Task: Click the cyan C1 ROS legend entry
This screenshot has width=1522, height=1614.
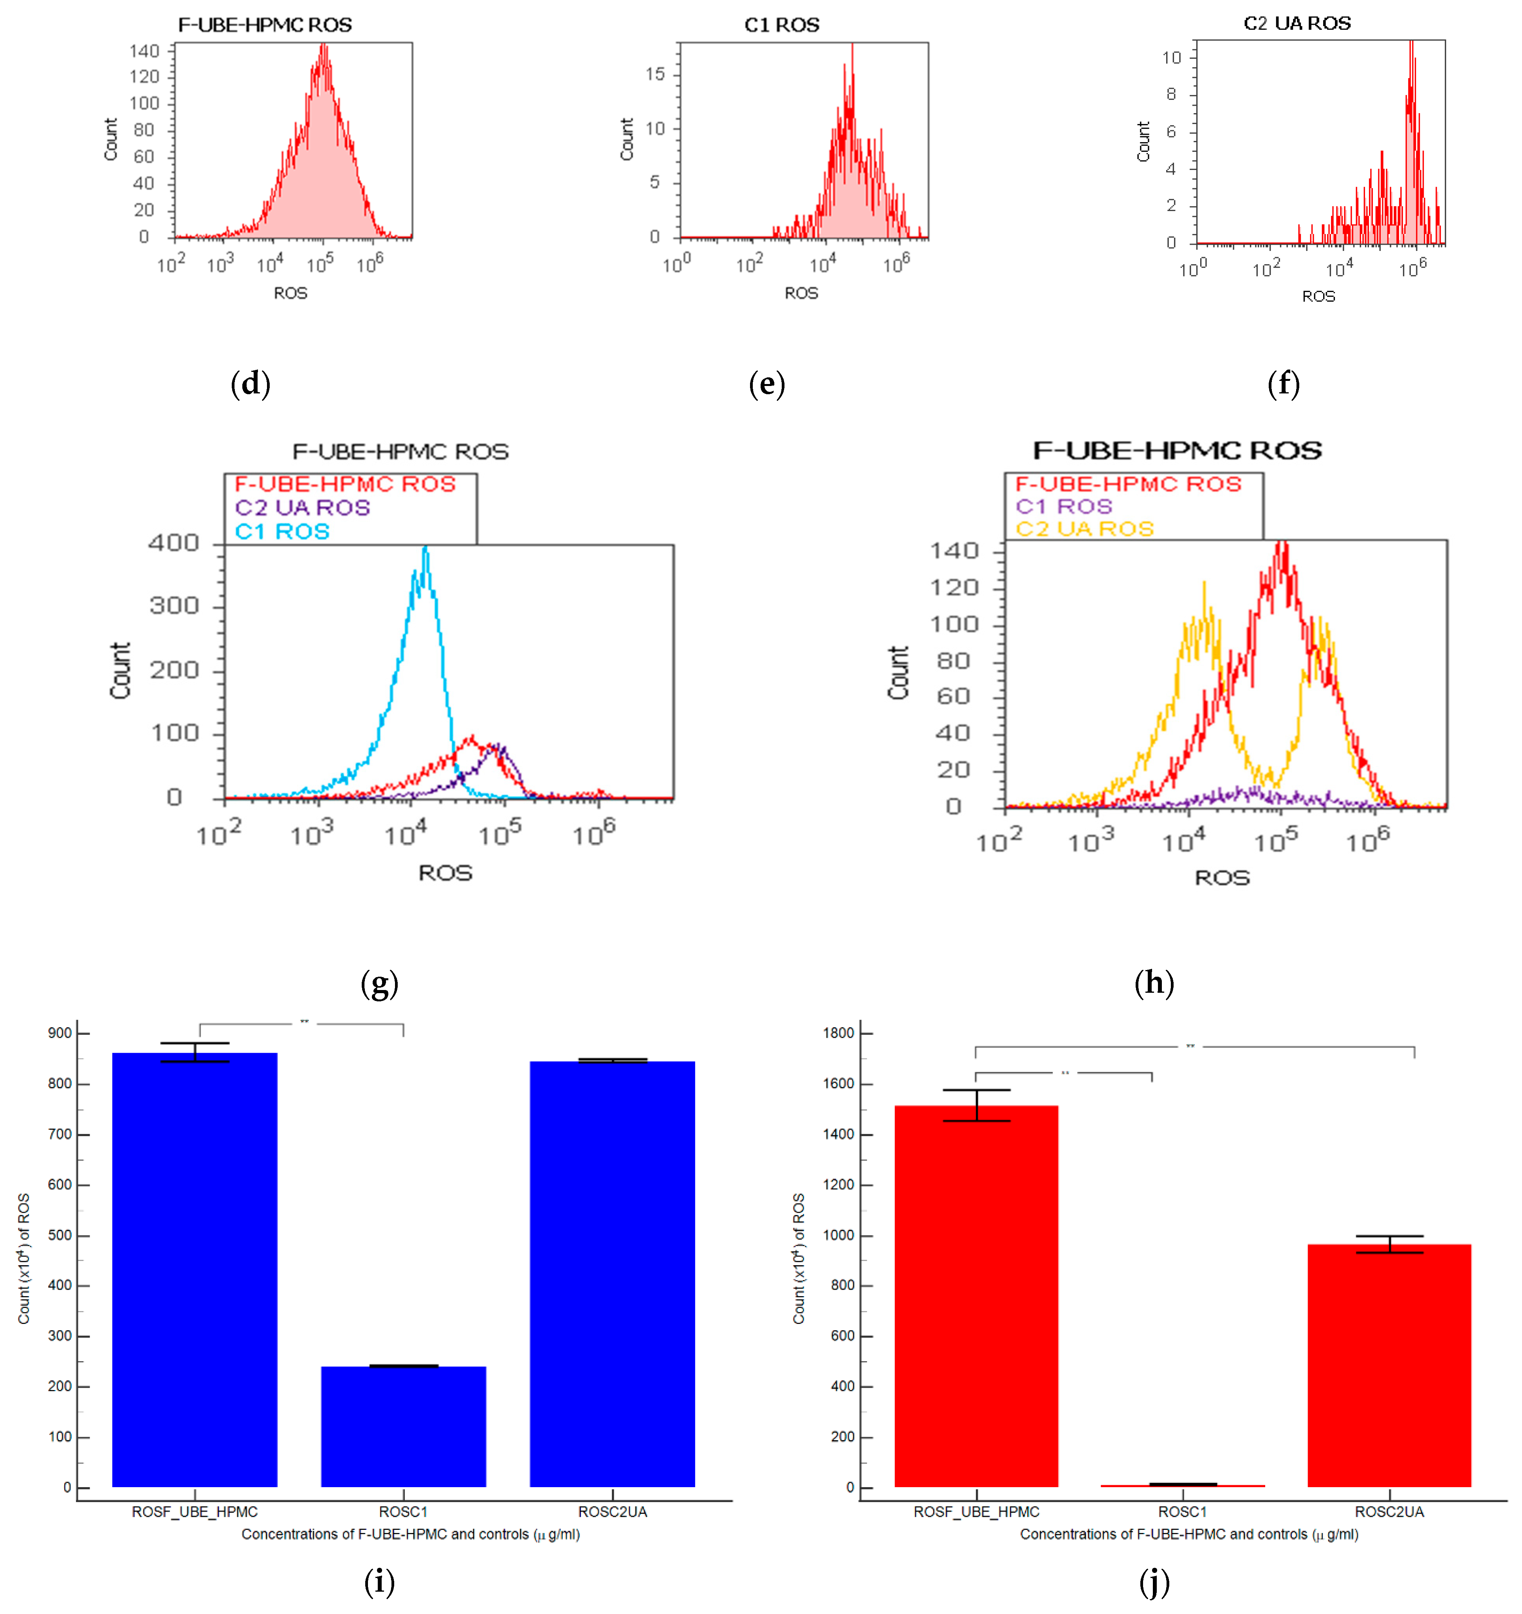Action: point(283,532)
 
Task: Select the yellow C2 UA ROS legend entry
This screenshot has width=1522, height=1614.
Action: point(1084,529)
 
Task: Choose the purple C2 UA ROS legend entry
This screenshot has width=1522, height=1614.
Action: point(303,508)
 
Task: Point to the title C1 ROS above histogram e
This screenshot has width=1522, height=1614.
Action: point(782,25)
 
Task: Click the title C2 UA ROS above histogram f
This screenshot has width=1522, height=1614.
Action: point(1297,23)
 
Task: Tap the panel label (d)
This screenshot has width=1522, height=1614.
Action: point(250,383)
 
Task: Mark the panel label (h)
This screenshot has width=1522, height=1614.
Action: point(1154,983)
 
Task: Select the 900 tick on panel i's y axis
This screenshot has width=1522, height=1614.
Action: point(60,1033)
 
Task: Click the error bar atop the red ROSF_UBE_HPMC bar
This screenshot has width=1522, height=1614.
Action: point(977,1105)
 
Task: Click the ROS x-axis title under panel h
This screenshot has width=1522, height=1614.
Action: point(1222,878)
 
